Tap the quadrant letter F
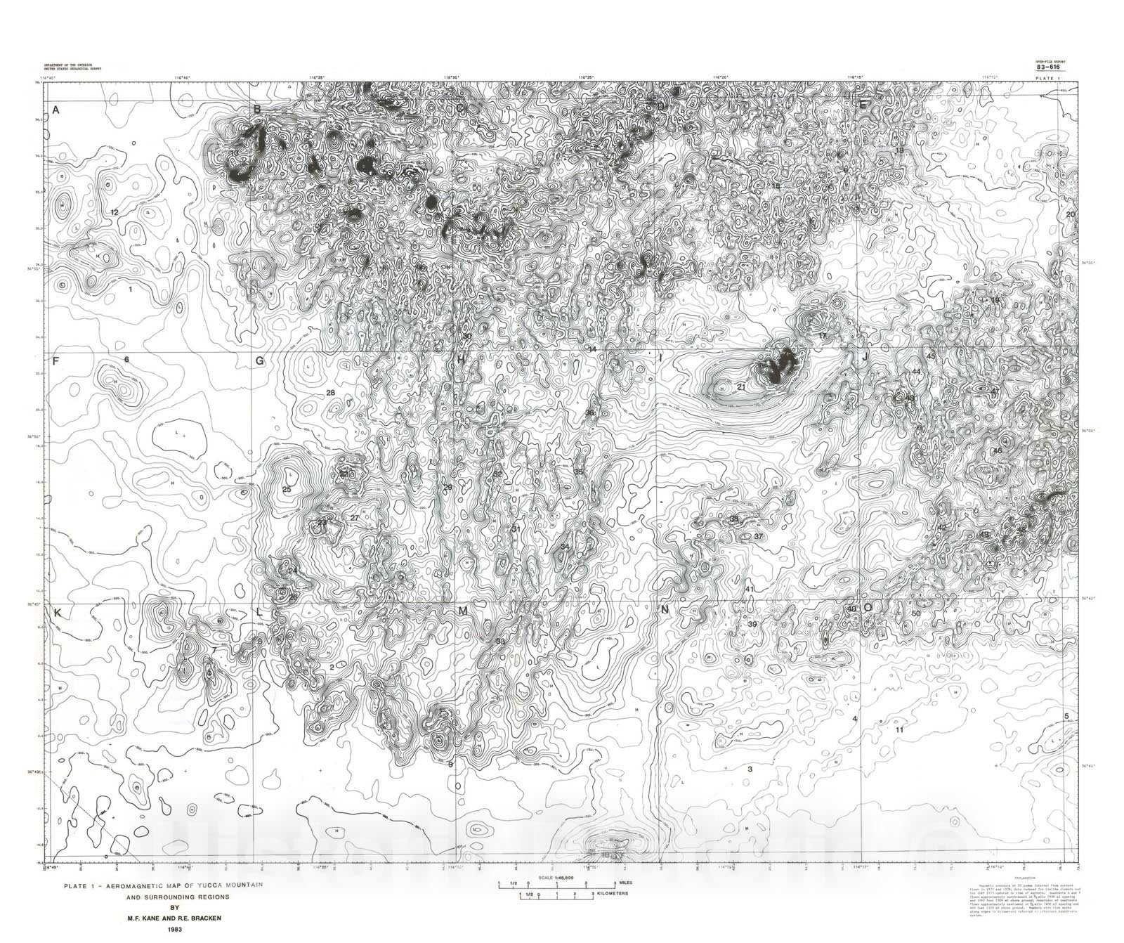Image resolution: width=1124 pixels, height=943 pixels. point(55,360)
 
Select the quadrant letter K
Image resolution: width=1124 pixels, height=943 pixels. point(58,613)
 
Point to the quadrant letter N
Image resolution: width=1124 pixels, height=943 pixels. point(665,611)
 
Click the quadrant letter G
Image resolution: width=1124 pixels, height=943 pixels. point(259,361)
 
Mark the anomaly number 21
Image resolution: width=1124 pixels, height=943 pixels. point(741,386)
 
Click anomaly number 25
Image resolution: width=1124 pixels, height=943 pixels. point(287,489)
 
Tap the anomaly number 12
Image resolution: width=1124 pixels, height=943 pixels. point(115,212)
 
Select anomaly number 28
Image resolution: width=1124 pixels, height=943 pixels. point(331,393)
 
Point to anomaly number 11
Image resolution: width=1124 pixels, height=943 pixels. point(899,730)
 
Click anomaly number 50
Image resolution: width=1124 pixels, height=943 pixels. point(915,613)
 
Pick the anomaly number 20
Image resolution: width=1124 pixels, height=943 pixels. point(1070,214)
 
